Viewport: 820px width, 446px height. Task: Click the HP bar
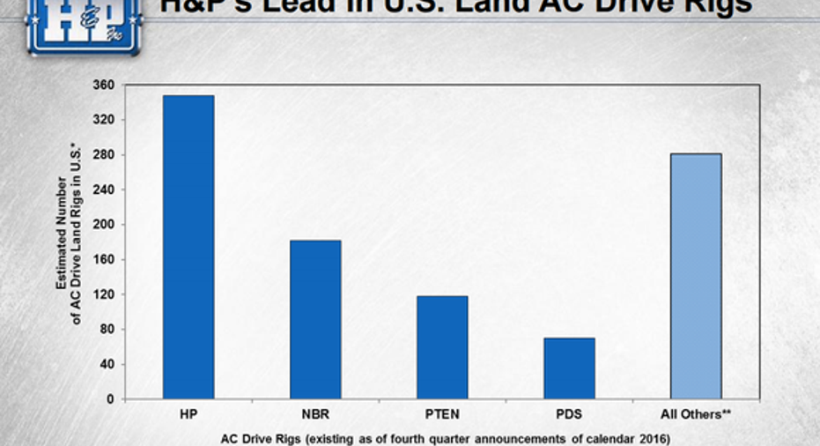(x=188, y=247)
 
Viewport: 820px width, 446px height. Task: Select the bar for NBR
(x=315, y=320)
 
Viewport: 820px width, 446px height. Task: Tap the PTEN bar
(x=442, y=347)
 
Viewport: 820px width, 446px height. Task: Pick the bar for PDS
(x=569, y=368)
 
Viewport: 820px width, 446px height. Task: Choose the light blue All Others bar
(x=696, y=277)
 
